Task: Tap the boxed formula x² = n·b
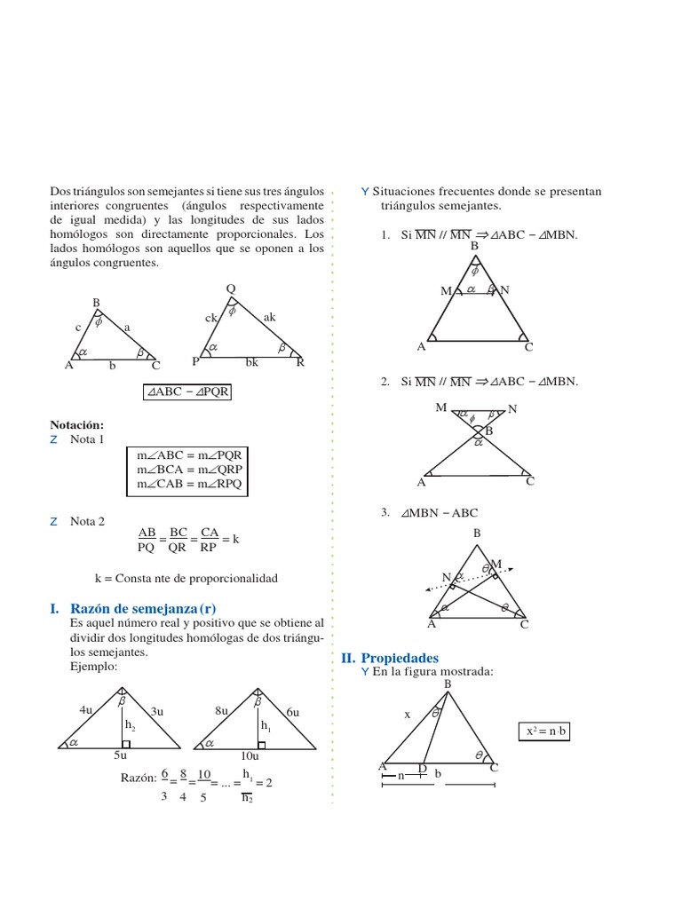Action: (545, 732)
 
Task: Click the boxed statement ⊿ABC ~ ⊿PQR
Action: (187, 391)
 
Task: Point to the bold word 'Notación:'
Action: (77, 425)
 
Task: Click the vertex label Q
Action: (231, 289)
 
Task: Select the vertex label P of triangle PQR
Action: (195, 362)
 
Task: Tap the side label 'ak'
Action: (270, 316)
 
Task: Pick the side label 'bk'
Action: (252, 362)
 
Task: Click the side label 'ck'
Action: (211, 317)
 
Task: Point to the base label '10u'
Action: (250, 756)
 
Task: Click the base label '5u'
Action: (120, 756)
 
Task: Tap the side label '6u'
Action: (292, 712)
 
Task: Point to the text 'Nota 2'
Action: (88, 521)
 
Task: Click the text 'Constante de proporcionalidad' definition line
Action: (186, 578)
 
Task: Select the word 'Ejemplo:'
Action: (92, 665)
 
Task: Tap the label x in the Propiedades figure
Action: (408, 714)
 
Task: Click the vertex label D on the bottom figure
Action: (422, 768)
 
